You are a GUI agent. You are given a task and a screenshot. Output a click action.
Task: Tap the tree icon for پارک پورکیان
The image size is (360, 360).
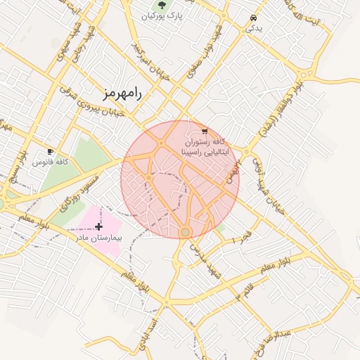click(x=163, y=5)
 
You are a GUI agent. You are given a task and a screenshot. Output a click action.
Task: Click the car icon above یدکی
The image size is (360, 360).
click(x=253, y=18)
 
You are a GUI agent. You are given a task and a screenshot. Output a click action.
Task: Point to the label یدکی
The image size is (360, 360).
click(x=253, y=28)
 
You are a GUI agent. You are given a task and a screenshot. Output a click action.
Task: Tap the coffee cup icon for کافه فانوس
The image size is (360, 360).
click(x=49, y=151)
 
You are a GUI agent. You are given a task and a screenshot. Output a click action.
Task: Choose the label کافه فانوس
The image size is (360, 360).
click(x=50, y=162)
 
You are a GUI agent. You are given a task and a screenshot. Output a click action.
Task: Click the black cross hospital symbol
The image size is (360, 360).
click(x=98, y=226)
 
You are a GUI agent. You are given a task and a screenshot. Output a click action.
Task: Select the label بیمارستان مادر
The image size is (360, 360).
click(x=99, y=238)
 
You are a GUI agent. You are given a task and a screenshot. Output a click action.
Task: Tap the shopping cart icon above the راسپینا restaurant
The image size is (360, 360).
click(x=204, y=131)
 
